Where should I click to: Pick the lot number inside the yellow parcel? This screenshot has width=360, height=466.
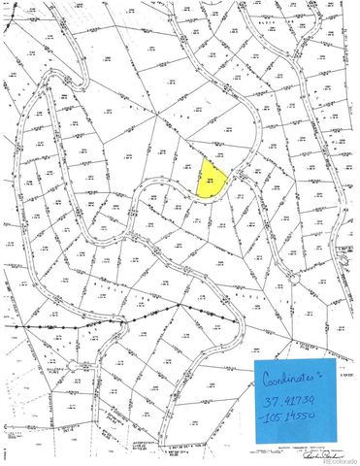click(x=211, y=179)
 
